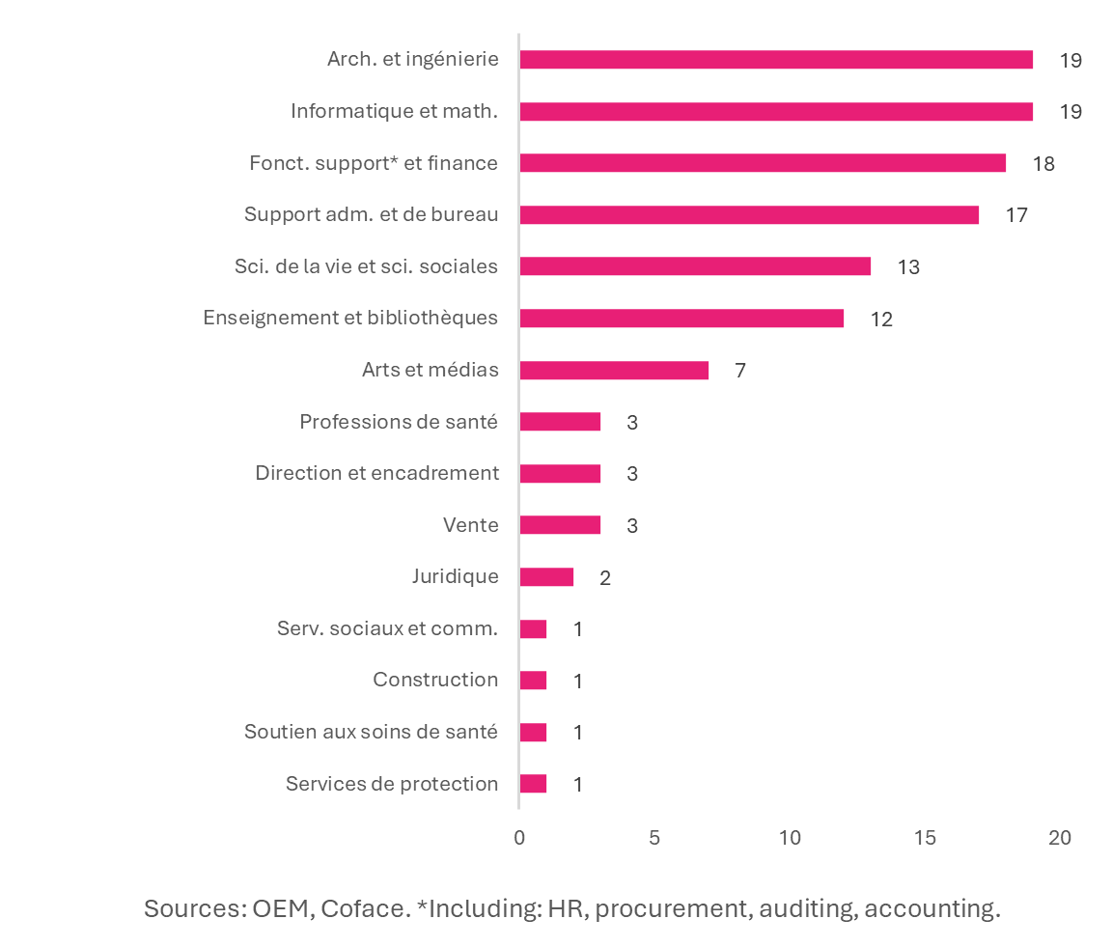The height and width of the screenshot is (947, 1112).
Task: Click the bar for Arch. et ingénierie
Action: pos(775,60)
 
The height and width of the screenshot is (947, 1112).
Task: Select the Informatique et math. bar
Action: pos(775,111)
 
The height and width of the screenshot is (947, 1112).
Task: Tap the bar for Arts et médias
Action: pos(614,370)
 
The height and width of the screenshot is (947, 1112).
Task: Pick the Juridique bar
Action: pos(546,577)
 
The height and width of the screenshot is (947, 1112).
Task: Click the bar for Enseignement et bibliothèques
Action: pos(681,319)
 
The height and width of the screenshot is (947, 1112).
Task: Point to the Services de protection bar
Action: pos(533,784)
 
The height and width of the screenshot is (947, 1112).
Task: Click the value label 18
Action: pos(1042,163)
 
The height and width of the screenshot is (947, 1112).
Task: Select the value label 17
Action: pos(1015,215)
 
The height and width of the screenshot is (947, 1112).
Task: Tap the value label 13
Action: pos(907,267)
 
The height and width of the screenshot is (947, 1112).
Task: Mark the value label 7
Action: pos(739,371)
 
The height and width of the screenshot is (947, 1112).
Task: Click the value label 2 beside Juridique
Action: pos(604,578)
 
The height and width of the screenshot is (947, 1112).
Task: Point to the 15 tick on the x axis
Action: pos(925,838)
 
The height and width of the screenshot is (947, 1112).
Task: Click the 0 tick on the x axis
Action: pos(519,838)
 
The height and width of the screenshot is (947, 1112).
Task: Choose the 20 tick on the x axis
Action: pos(1060,838)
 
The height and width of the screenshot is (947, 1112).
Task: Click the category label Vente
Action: pos(470,525)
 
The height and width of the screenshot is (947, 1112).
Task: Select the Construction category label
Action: pos(435,680)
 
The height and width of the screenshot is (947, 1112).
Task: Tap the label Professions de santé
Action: pos(399,422)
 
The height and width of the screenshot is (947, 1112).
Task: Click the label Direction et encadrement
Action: pos(376,473)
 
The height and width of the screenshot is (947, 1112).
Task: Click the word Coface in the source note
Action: pos(366,908)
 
